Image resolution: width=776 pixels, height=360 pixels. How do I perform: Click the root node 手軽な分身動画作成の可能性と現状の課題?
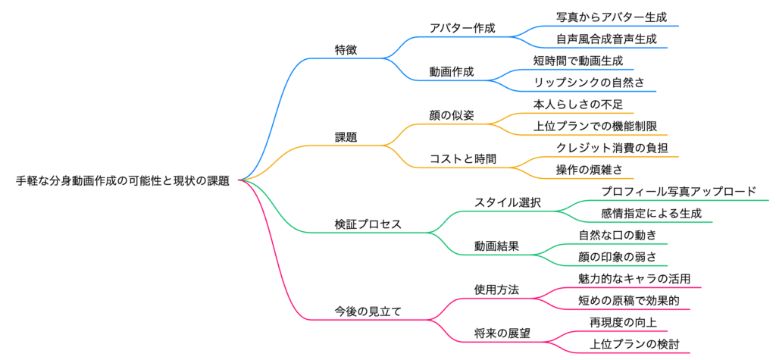pyautogui.click(x=123, y=180)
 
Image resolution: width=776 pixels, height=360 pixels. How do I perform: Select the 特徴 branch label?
pyautogui.click(x=346, y=50)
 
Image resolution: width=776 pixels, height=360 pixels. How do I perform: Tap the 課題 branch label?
pyautogui.click(x=346, y=137)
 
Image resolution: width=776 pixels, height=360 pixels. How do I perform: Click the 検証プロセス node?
pyautogui.click(x=368, y=224)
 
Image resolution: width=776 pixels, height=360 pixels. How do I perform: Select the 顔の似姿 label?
pyautogui.click(x=452, y=115)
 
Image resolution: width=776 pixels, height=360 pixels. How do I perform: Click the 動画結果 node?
pyautogui.click(x=496, y=246)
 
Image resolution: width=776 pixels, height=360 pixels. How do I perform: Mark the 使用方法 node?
pyautogui.click(x=496, y=290)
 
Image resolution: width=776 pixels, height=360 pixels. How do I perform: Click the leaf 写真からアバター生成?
pyautogui.click(x=605, y=17)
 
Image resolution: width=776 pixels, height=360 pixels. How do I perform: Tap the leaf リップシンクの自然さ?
pyautogui.click(x=594, y=83)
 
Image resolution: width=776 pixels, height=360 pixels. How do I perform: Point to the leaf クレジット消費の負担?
pyautogui.click(x=605, y=148)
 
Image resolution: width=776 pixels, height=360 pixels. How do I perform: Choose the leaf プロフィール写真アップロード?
pyautogui.click(x=678, y=191)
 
